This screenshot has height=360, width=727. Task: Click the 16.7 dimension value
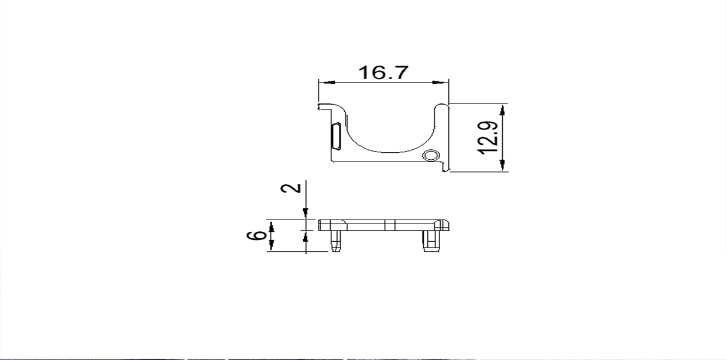pos(383,73)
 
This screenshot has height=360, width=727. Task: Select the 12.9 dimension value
pos(488,138)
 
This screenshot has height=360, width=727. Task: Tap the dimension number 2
pos(291,188)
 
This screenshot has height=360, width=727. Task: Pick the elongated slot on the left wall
pos(335,136)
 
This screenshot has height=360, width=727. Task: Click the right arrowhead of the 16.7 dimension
pos(440,83)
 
